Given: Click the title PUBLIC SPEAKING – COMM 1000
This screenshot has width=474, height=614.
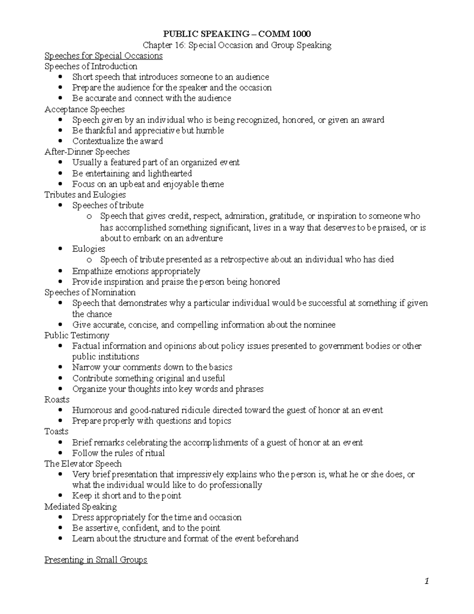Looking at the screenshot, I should [x=237, y=34].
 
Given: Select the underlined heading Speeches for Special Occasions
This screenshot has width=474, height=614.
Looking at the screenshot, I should [x=103, y=56].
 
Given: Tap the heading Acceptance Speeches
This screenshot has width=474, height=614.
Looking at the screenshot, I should [x=85, y=109].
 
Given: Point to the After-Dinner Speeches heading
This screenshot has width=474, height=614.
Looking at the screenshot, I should [x=87, y=152].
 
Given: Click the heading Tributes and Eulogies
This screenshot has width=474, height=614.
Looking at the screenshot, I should [x=85, y=195].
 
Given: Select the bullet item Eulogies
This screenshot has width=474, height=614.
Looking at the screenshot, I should [x=88, y=249].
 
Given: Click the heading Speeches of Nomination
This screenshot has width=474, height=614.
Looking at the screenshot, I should [x=90, y=293].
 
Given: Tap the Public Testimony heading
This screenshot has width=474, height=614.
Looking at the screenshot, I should [x=77, y=335].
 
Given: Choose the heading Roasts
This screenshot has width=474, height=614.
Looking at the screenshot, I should [x=57, y=399].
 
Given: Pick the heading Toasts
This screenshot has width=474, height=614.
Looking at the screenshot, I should [x=56, y=431].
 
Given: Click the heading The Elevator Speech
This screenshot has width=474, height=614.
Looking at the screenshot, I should [x=83, y=464].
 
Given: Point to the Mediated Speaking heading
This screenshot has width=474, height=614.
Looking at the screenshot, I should [x=81, y=507].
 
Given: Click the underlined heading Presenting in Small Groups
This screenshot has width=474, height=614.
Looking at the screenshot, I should [x=96, y=560].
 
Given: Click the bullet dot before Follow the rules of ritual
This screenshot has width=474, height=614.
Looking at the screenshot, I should [x=60, y=453].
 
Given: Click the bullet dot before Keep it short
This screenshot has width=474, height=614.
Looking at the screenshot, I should [x=60, y=496].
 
